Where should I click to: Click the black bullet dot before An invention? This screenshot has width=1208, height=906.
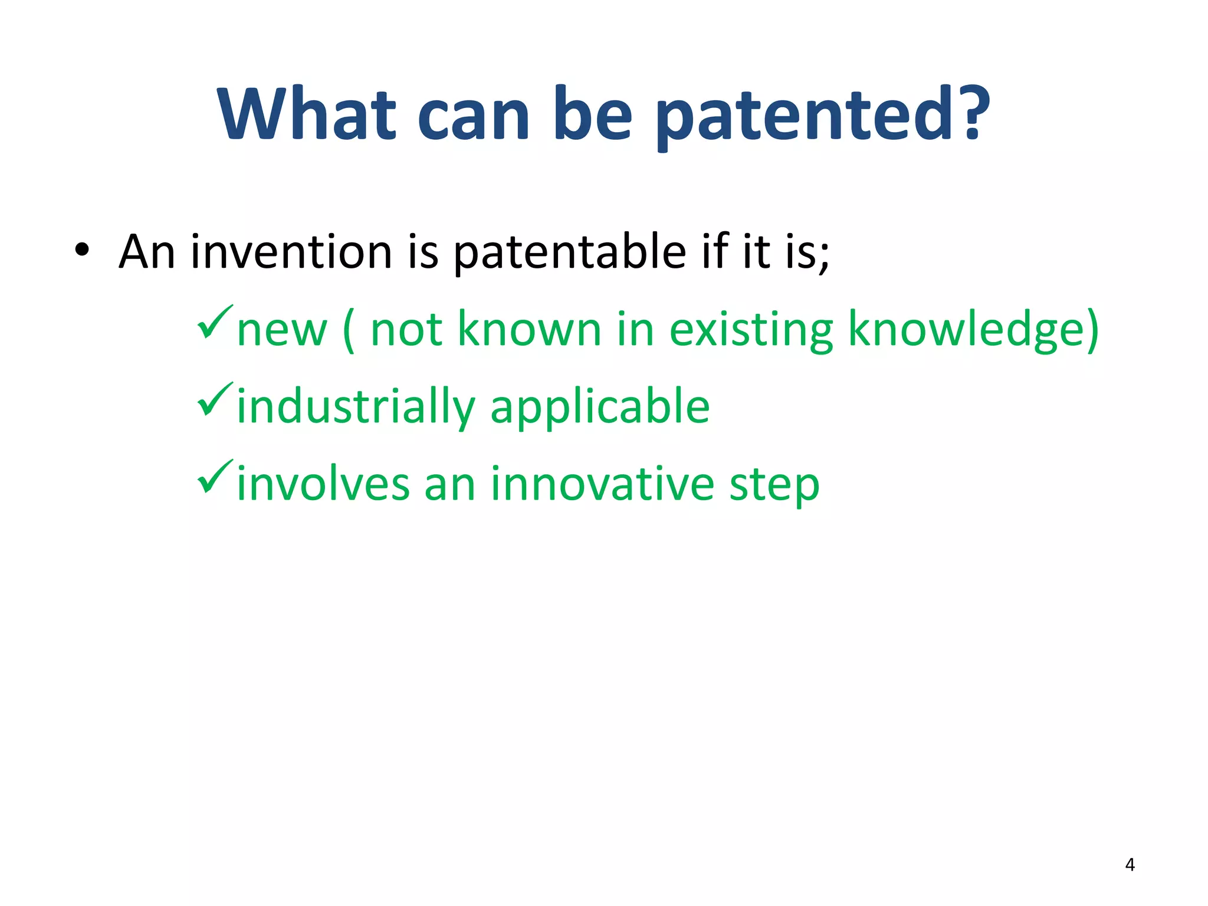click(x=82, y=251)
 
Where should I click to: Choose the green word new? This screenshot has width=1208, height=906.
click(x=281, y=330)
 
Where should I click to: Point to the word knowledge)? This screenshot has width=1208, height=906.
click(x=973, y=330)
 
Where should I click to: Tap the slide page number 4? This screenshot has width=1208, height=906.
click(x=1130, y=865)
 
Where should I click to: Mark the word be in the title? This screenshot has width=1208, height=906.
click(x=593, y=115)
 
